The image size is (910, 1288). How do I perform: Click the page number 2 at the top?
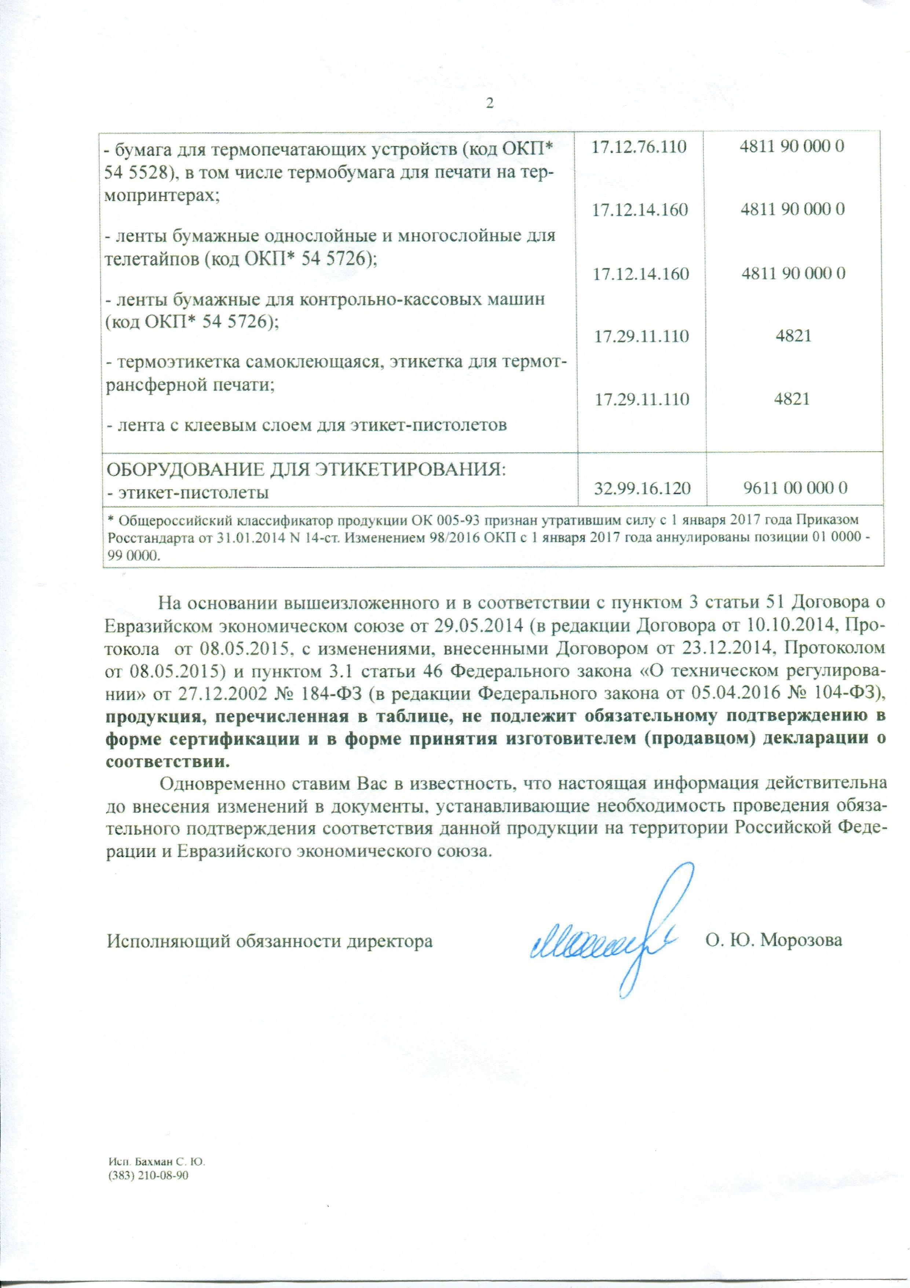tap(490, 103)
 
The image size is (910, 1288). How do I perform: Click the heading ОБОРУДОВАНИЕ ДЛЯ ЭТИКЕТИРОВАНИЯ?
tap(306, 468)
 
